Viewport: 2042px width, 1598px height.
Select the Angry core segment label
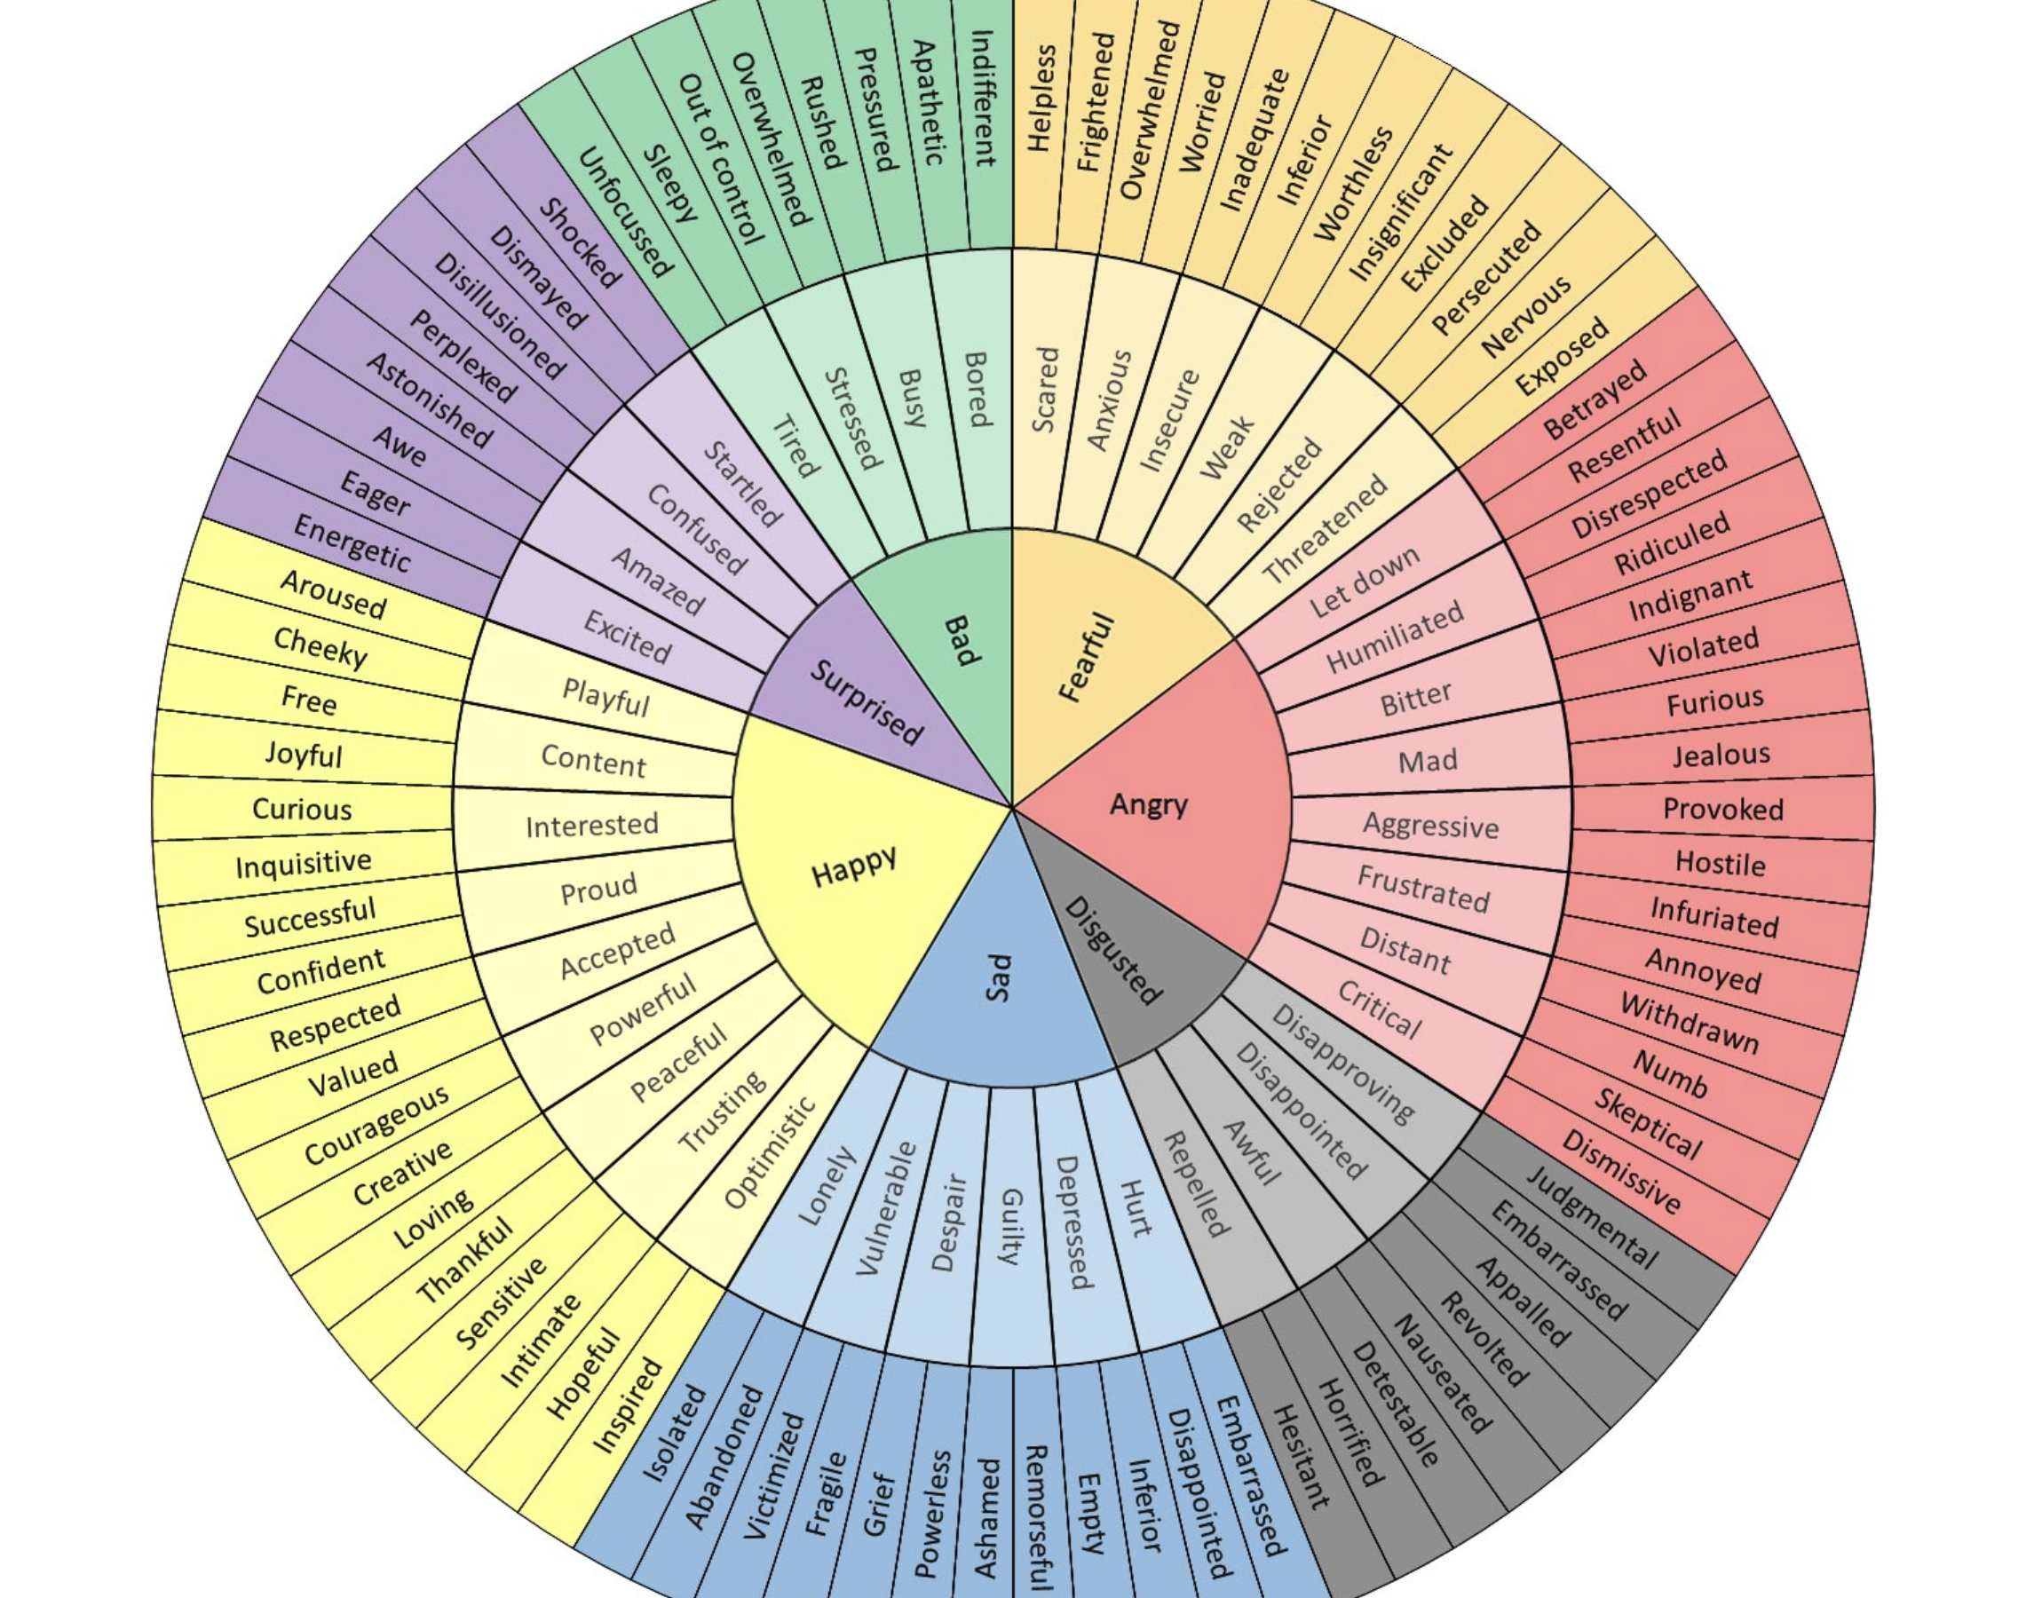tap(1149, 803)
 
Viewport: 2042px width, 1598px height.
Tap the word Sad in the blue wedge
tap(999, 977)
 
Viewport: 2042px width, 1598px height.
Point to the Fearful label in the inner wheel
tap(1087, 657)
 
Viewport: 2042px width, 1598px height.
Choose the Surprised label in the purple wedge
tap(866, 701)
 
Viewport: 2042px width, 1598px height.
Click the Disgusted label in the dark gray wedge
tap(1113, 950)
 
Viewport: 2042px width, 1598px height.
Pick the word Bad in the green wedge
tap(960, 641)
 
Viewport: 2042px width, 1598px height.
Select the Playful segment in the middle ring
tap(605, 697)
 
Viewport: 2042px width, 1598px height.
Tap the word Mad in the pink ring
tap(1428, 762)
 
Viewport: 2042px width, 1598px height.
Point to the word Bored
tap(976, 389)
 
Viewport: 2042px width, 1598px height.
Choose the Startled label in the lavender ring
tap(742, 485)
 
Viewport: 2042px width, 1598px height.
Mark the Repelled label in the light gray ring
tap(1193, 1183)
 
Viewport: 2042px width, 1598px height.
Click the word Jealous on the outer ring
tap(1721, 754)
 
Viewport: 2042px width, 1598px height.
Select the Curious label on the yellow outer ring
tap(301, 810)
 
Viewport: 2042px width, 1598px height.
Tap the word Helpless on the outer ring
tap(1041, 99)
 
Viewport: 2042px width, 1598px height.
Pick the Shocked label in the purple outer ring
tap(580, 243)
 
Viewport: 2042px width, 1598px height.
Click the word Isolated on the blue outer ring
tap(674, 1434)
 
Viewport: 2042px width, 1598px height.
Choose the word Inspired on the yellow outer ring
tap(629, 1405)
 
